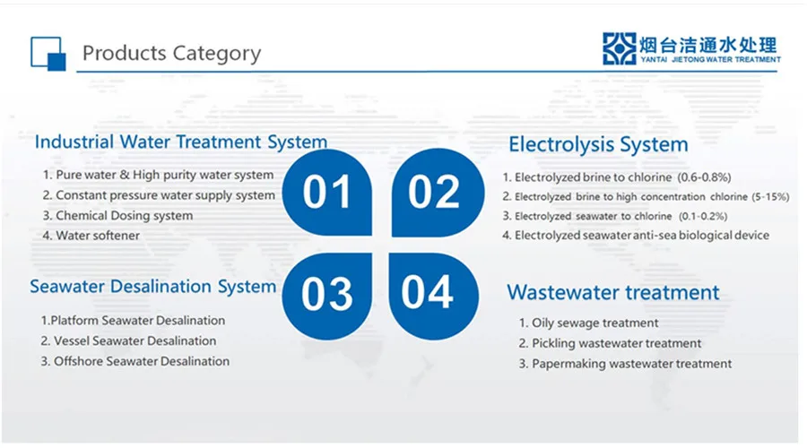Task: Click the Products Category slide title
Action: pos(171,53)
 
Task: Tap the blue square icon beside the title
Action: pos(48,53)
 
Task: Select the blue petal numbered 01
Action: pos(327,193)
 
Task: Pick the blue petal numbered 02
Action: pos(434,193)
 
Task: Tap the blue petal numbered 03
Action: pos(327,294)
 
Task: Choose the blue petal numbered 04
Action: pos(434,294)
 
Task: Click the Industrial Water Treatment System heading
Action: pos(180,142)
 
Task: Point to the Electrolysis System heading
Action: pos(598,144)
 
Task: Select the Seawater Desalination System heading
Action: pos(152,287)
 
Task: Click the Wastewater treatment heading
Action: pos(613,292)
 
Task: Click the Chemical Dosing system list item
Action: pos(124,216)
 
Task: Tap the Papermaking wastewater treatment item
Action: pos(632,364)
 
